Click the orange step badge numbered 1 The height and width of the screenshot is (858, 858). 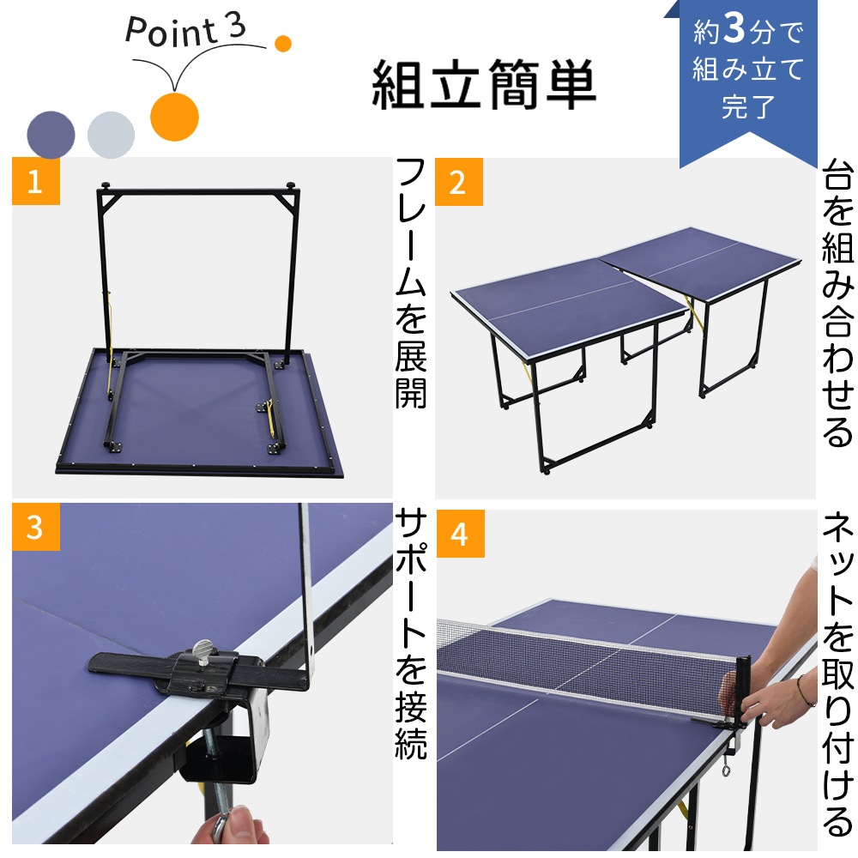point(35,181)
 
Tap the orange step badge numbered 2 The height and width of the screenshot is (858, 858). point(459,182)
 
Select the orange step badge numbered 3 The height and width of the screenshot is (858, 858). point(35,527)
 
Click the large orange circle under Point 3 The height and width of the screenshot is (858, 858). point(174,115)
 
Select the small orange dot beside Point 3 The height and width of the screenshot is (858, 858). point(283,43)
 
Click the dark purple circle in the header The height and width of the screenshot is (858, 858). point(51,134)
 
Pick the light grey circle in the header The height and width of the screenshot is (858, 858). point(111,134)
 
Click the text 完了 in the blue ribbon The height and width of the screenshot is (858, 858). point(748,107)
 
